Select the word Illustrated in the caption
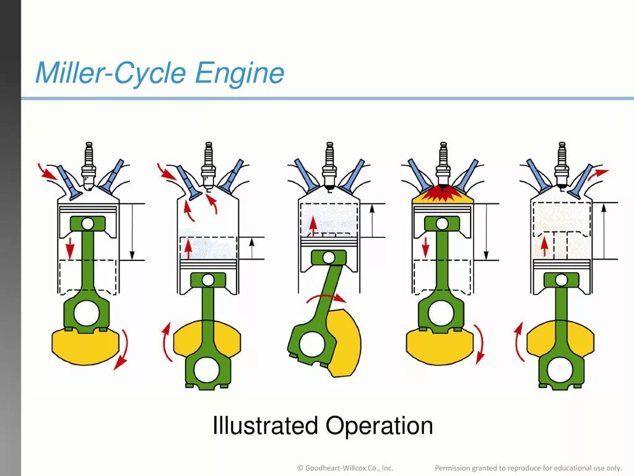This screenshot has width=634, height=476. [x=264, y=426]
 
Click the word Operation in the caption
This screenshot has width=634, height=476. [x=380, y=426]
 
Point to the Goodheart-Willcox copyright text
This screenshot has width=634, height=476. [x=345, y=467]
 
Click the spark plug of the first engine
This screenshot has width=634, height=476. [x=89, y=162]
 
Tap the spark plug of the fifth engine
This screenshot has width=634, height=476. [x=562, y=162]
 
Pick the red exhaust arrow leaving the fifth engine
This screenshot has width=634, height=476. [x=598, y=174]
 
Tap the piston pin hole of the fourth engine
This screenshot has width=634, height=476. [x=442, y=223]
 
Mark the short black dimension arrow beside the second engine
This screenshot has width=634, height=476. [x=251, y=248]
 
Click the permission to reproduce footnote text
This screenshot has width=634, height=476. [x=528, y=467]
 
